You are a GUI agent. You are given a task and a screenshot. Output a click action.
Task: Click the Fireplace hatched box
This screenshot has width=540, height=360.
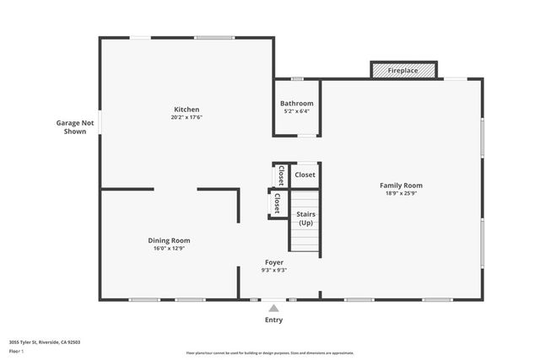[x=403, y=71]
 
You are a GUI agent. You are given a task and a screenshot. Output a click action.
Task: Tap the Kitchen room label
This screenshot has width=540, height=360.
[x=186, y=110]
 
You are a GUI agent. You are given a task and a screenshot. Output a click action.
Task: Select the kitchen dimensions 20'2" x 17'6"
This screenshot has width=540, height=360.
[x=186, y=117]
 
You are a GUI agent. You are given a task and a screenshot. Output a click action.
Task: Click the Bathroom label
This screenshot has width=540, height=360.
[x=296, y=103]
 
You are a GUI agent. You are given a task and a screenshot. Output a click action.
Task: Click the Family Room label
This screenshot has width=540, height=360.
[x=401, y=185]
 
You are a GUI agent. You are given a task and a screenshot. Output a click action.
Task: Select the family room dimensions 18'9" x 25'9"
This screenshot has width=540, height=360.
[x=401, y=193]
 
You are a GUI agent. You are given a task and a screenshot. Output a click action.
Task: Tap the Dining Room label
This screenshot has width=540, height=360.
[x=169, y=240]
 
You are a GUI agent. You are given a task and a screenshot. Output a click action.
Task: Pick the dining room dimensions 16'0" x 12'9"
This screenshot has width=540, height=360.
[x=169, y=248]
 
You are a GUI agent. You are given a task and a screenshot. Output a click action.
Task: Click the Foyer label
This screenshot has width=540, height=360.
[x=274, y=262]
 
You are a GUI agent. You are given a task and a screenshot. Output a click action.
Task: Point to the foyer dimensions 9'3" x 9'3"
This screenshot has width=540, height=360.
[x=274, y=270]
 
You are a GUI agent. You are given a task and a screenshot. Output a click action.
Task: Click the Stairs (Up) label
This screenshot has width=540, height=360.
[x=305, y=218]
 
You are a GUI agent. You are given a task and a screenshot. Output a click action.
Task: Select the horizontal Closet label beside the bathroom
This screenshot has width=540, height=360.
[x=305, y=175]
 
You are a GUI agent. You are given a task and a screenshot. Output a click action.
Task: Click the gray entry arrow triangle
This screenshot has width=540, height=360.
[x=273, y=309]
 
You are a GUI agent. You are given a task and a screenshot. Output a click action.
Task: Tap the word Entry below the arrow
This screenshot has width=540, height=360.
[x=273, y=320]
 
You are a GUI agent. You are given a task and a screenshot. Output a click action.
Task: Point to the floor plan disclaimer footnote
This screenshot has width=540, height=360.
[x=270, y=353]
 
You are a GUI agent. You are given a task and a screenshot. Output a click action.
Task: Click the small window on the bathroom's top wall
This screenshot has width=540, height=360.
[x=297, y=79]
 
